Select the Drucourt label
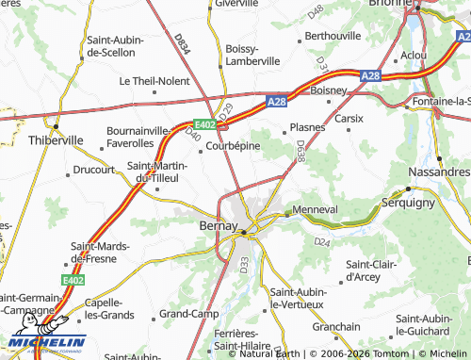(x=92, y=171)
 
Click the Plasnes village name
(x=308, y=126)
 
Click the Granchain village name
(x=336, y=326)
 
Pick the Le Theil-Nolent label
(x=154, y=81)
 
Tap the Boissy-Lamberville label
(x=252, y=55)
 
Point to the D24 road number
(x=322, y=242)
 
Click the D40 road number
(x=194, y=136)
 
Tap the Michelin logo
(x=47, y=341)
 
